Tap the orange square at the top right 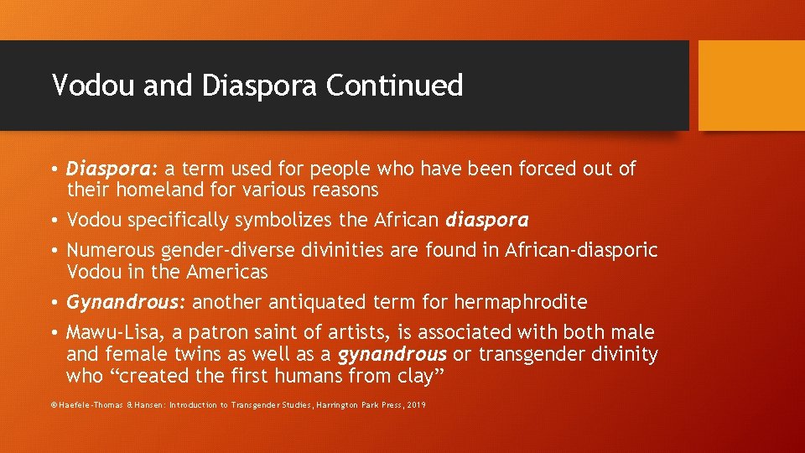(751, 86)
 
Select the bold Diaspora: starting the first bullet (106, 169)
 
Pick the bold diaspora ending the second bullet (487, 220)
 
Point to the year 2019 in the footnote (415, 405)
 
